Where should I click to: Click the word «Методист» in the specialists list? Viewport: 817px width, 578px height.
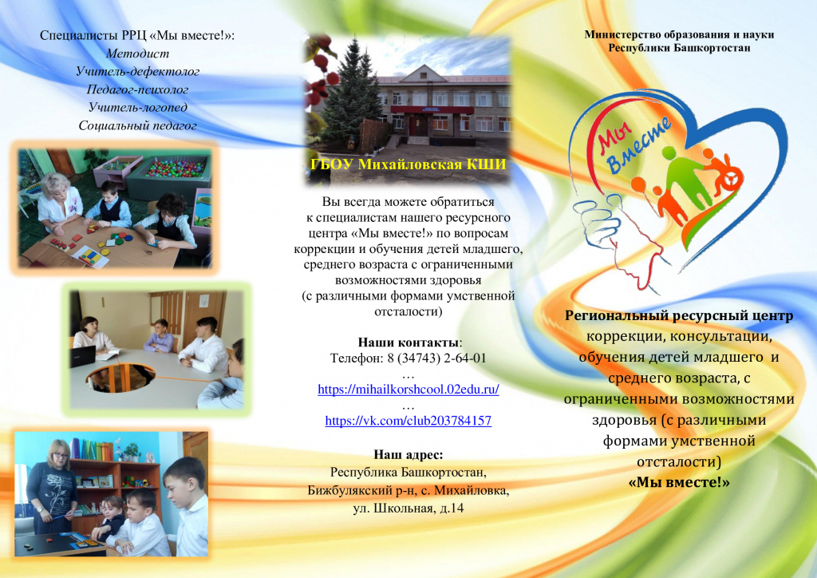(137, 53)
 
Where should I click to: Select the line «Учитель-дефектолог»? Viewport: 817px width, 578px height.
(137, 71)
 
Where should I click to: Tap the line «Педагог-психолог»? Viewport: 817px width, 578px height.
(137, 89)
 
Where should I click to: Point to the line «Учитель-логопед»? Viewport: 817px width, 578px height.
(137, 107)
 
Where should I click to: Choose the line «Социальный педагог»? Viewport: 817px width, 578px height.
(137, 125)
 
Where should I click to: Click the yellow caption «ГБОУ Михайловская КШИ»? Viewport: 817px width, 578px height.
(408, 164)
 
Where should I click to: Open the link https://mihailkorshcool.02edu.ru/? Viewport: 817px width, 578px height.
(408, 390)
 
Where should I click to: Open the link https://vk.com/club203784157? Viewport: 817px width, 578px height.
(408, 421)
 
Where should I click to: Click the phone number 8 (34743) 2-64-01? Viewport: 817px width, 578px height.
(436, 358)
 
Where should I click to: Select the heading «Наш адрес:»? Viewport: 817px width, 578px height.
(408, 455)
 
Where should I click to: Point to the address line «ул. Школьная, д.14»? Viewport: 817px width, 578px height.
(408, 509)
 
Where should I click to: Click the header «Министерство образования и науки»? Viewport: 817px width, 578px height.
(679, 35)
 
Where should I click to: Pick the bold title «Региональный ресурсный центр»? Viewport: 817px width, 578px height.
(679, 316)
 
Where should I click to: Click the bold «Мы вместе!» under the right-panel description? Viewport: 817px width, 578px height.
(679, 483)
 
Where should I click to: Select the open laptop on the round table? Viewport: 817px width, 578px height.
(83, 357)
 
